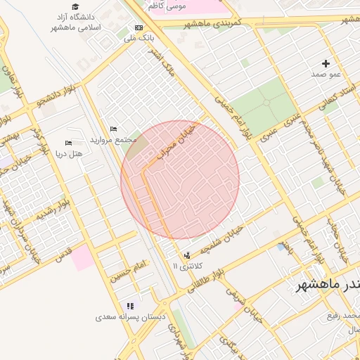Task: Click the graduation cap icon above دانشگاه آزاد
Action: click(x=75, y=6)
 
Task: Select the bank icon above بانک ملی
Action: click(x=138, y=27)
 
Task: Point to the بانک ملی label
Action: click(x=139, y=37)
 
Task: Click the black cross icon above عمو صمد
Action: click(x=326, y=63)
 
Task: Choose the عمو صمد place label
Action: click(x=326, y=73)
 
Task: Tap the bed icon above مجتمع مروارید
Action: click(x=114, y=129)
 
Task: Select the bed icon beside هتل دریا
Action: click(x=68, y=143)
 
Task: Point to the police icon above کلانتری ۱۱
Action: click(x=186, y=255)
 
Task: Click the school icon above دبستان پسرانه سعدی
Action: click(x=130, y=306)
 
